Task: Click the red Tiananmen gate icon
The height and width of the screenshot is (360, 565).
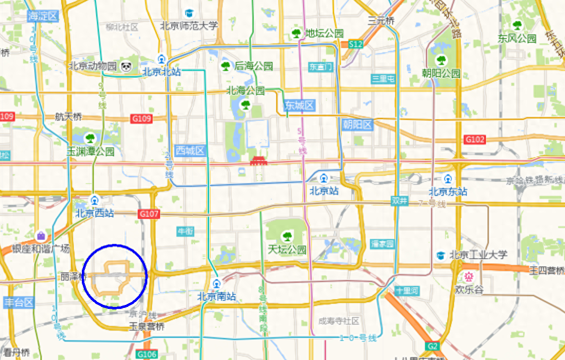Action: [x=258, y=161]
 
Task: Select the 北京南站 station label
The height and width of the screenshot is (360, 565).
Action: [x=216, y=297]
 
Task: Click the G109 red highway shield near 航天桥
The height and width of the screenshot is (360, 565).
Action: [x=141, y=119]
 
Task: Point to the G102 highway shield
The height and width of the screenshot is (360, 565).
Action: [x=475, y=139]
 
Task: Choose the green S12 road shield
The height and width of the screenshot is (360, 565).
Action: [x=355, y=44]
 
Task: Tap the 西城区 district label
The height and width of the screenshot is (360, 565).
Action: [x=190, y=150]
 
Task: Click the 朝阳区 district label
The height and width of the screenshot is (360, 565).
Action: [x=357, y=124]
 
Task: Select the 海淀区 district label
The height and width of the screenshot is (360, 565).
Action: [x=43, y=16]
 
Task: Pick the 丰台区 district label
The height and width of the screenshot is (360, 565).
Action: [x=18, y=302]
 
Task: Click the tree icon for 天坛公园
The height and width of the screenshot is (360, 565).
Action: [x=286, y=236]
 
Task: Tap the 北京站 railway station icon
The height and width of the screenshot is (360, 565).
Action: [x=324, y=178]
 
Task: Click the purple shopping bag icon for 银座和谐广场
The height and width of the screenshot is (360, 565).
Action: [x=41, y=236]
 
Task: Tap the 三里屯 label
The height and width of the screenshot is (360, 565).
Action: [x=384, y=78]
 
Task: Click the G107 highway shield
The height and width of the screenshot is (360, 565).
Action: [x=148, y=214]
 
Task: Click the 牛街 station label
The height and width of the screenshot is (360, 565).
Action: [x=186, y=231]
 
